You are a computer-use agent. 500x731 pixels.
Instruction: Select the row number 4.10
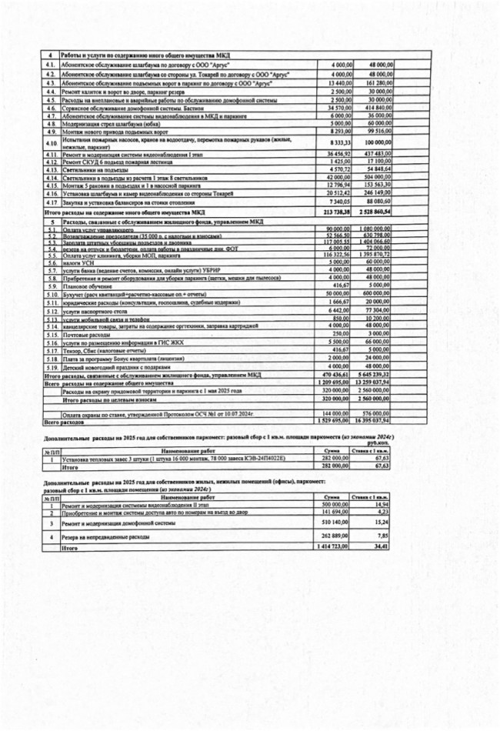(x=52, y=144)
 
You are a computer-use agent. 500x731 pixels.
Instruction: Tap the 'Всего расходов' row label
(x=62, y=422)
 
